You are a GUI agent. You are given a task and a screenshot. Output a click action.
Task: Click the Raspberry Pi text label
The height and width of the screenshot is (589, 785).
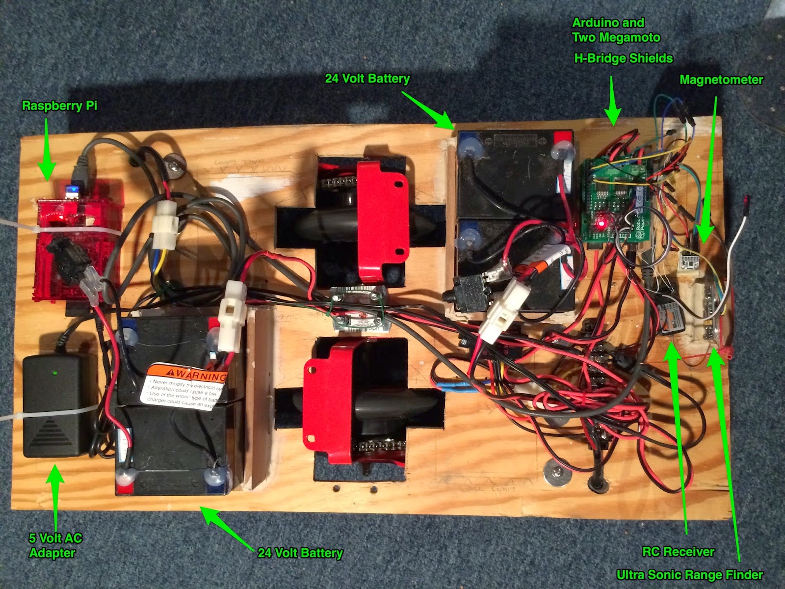point(59,106)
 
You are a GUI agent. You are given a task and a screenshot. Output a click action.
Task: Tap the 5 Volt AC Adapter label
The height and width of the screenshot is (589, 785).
point(55,545)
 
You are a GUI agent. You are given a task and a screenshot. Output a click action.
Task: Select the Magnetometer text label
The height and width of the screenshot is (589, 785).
point(721,80)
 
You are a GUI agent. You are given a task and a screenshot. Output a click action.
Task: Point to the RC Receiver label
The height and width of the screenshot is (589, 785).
point(679,552)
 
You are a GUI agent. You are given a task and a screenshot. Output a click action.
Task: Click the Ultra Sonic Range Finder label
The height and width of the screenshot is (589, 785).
point(690,575)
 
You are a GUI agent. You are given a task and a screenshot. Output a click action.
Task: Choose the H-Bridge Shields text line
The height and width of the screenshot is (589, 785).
point(623,58)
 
